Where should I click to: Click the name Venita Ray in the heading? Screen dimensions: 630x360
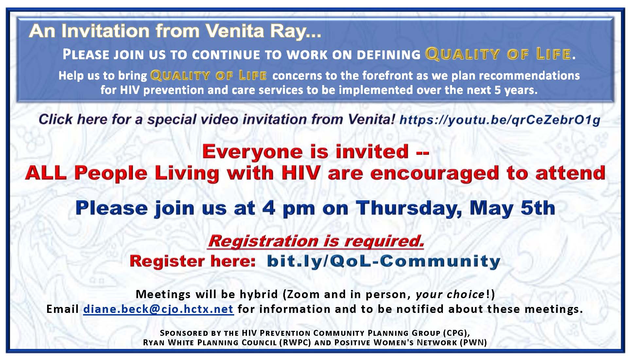pyautogui.click(x=263, y=31)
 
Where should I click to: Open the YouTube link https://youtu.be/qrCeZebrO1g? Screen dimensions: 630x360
pyautogui.click(x=500, y=120)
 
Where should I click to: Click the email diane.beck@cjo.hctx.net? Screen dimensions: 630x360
pyautogui.click(x=158, y=309)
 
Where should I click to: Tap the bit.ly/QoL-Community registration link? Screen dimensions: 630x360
pyautogui.click(x=384, y=261)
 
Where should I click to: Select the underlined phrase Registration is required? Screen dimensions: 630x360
pyautogui.click(x=316, y=241)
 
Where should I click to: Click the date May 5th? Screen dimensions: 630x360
pyautogui.click(x=512, y=208)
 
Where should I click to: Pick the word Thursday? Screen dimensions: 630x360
pyautogui.click(x=409, y=208)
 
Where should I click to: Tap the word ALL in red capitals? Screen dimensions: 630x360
pyautogui.click(x=46, y=173)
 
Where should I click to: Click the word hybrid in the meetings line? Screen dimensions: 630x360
pyautogui.click(x=259, y=294)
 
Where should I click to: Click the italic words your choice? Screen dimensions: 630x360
pyautogui.click(x=450, y=295)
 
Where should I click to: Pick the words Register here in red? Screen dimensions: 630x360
pyautogui.click(x=192, y=261)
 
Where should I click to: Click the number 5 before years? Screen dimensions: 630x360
pyautogui.click(x=498, y=90)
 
